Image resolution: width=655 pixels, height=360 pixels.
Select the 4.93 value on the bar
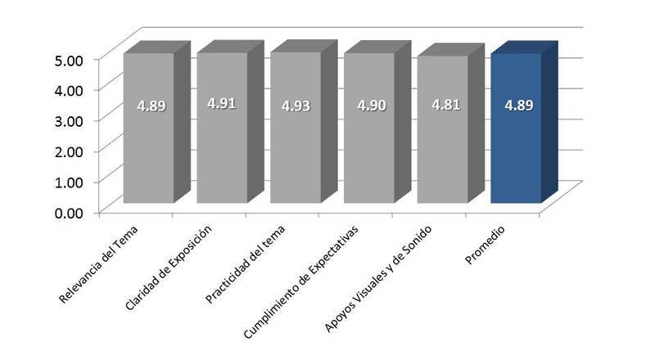(x=296, y=106)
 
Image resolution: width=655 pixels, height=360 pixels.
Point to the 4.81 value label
(x=443, y=106)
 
